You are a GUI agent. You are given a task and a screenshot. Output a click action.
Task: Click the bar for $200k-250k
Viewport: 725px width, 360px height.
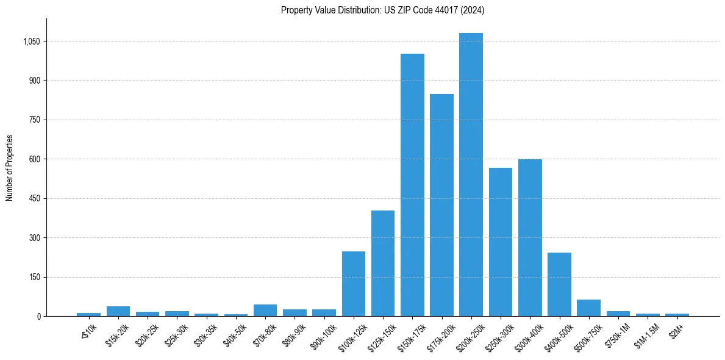[x=471, y=175]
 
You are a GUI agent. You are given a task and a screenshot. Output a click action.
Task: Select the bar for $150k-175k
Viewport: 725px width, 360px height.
[x=412, y=185]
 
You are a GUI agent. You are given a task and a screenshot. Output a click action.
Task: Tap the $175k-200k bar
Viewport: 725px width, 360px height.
[x=441, y=205]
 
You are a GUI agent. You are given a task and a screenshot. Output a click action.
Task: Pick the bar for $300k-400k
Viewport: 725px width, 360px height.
[x=530, y=237]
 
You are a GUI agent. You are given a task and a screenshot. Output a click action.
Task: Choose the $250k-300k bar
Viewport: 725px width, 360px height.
[x=501, y=242]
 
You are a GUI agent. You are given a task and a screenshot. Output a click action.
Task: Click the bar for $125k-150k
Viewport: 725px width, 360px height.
[x=383, y=263]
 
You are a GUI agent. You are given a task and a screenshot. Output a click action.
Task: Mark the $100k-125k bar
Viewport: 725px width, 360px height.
[x=354, y=284]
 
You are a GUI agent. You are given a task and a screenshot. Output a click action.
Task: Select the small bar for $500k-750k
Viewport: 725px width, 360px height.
[x=588, y=308]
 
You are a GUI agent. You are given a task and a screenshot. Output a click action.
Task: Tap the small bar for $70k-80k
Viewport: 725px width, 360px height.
[x=265, y=310]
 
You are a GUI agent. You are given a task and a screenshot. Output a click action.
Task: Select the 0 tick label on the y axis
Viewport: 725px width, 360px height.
[x=38, y=316]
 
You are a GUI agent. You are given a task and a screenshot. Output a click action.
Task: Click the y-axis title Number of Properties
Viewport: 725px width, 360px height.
[x=9, y=167]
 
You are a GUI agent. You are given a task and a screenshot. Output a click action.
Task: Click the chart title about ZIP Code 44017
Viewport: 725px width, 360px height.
[x=383, y=10]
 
